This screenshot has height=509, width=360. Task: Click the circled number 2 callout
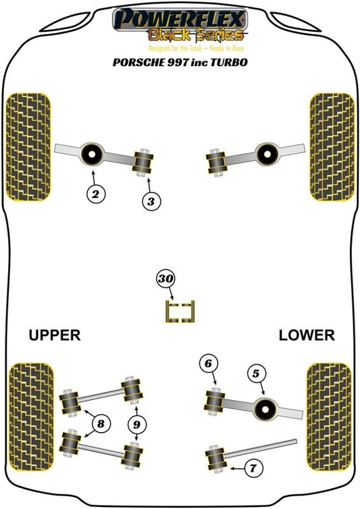point(96,195)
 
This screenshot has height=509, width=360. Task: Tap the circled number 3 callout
point(151,201)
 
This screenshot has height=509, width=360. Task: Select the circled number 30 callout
point(165,279)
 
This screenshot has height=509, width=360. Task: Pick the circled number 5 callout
point(256,374)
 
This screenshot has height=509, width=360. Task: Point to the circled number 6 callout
point(208,363)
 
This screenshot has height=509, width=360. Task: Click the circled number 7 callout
point(253,468)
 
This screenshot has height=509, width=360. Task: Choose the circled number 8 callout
point(101,424)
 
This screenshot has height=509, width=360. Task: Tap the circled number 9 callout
point(137,425)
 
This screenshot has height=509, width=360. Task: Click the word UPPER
point(55,335)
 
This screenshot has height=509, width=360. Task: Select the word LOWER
point(307,335)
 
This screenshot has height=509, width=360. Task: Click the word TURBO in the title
point(229,62)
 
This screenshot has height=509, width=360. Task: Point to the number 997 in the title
point(178,62)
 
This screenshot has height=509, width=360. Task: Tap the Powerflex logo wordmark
point(180,20)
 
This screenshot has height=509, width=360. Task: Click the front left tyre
point(29,147)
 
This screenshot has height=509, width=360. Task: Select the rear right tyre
point(329,416)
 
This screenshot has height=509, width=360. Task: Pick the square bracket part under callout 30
point(180,312)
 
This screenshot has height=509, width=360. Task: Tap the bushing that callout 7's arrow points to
point(215,458)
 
